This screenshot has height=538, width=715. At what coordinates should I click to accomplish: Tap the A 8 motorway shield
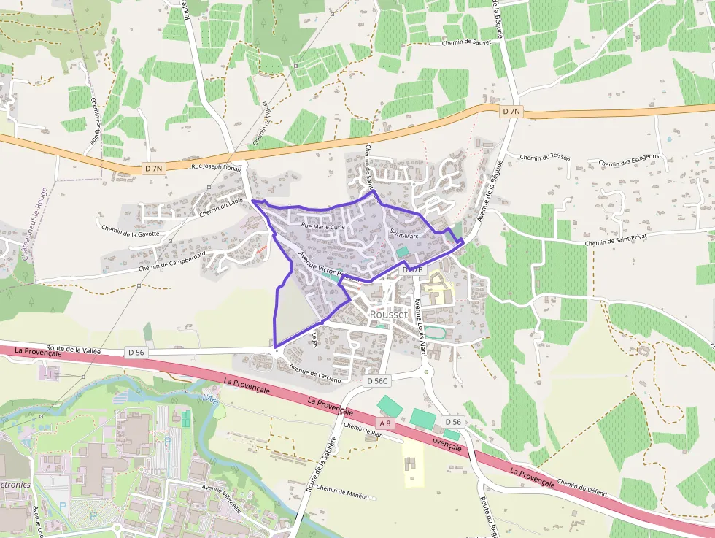click(x=385, y=423)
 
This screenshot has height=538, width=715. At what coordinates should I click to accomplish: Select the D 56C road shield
click(x=378, y=381)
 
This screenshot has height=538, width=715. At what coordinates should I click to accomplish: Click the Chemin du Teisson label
click(x=544, y=157)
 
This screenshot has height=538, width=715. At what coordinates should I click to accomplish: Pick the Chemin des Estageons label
click(x=628, y=159)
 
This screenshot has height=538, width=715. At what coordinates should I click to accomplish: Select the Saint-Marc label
click(x=403, y=234)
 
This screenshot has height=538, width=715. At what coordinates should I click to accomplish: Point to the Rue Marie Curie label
click(x=322, y=227)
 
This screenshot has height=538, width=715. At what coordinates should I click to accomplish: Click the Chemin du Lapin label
click(x=220, y=207)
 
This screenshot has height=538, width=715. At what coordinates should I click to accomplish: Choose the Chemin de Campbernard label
click(x=174, y=264)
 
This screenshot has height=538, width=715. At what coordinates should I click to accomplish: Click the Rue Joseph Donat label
click(x=215, y=166)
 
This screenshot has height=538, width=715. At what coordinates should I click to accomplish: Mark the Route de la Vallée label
click(x=73, y=350)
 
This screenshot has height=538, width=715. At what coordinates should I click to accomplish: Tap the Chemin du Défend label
click(x=581, y=487)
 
